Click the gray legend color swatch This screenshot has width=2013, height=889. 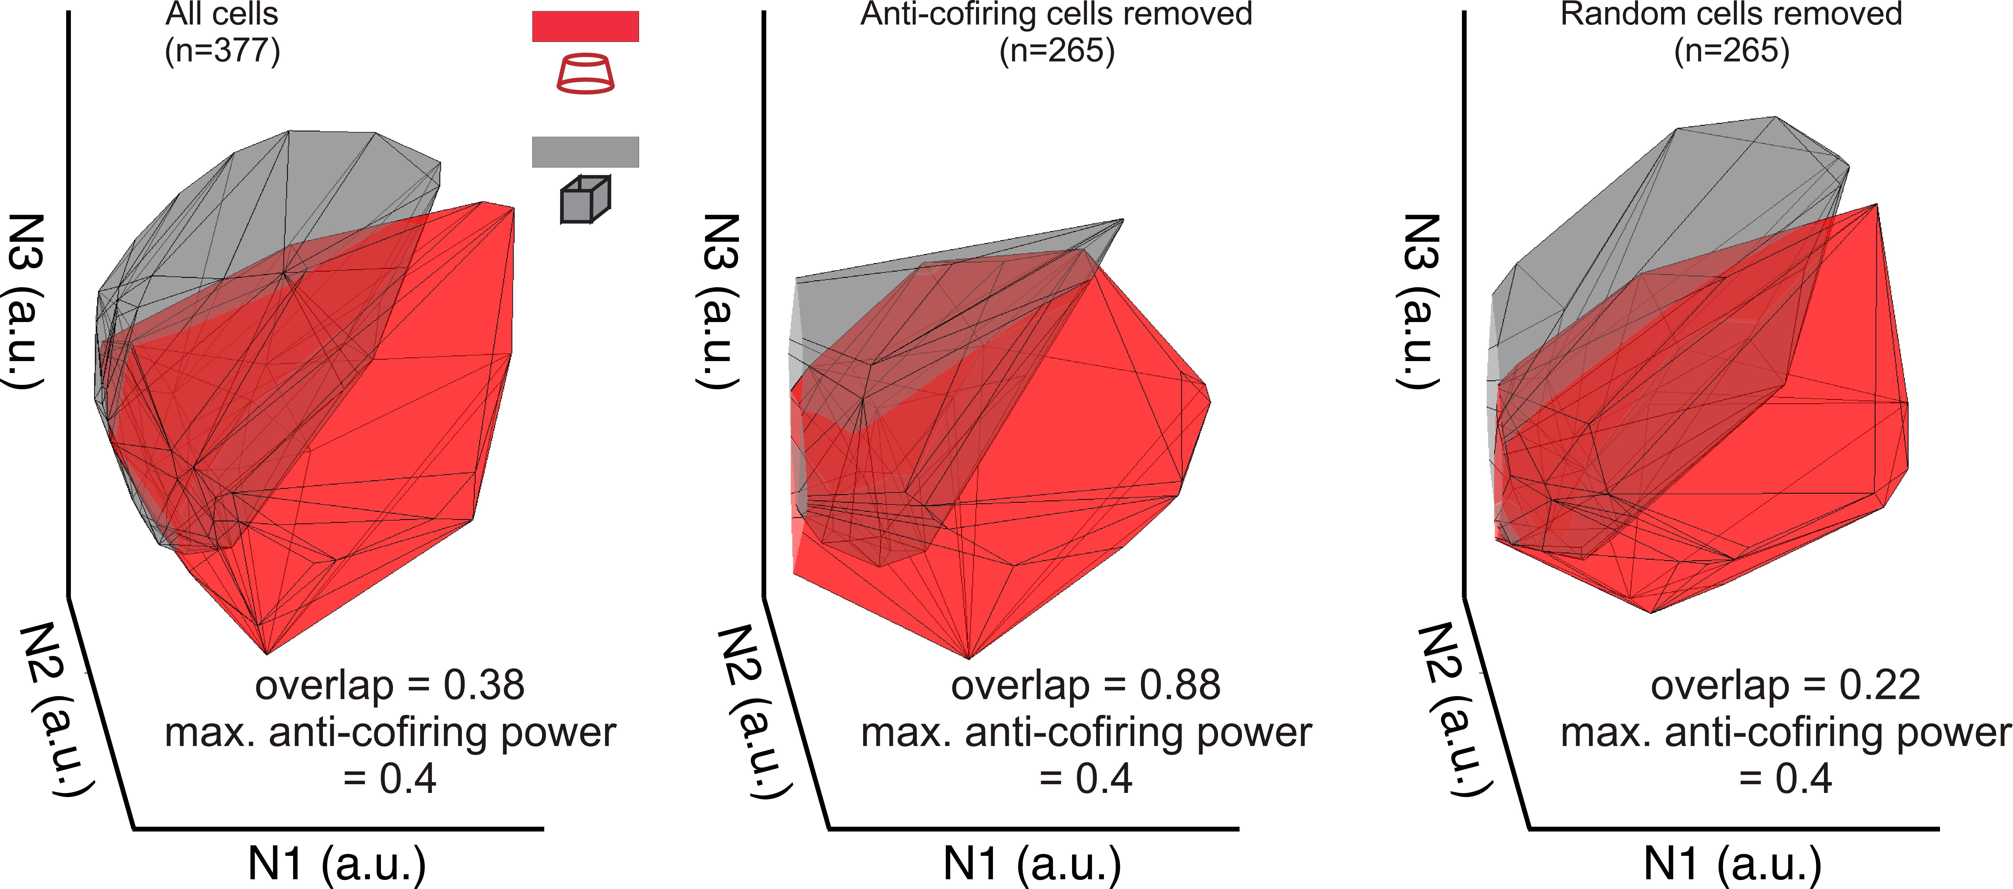(585, 152)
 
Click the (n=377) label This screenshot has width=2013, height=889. (222, 51)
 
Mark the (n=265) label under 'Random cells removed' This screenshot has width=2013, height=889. (1731, 51)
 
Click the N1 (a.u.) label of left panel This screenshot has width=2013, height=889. (337, 864)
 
